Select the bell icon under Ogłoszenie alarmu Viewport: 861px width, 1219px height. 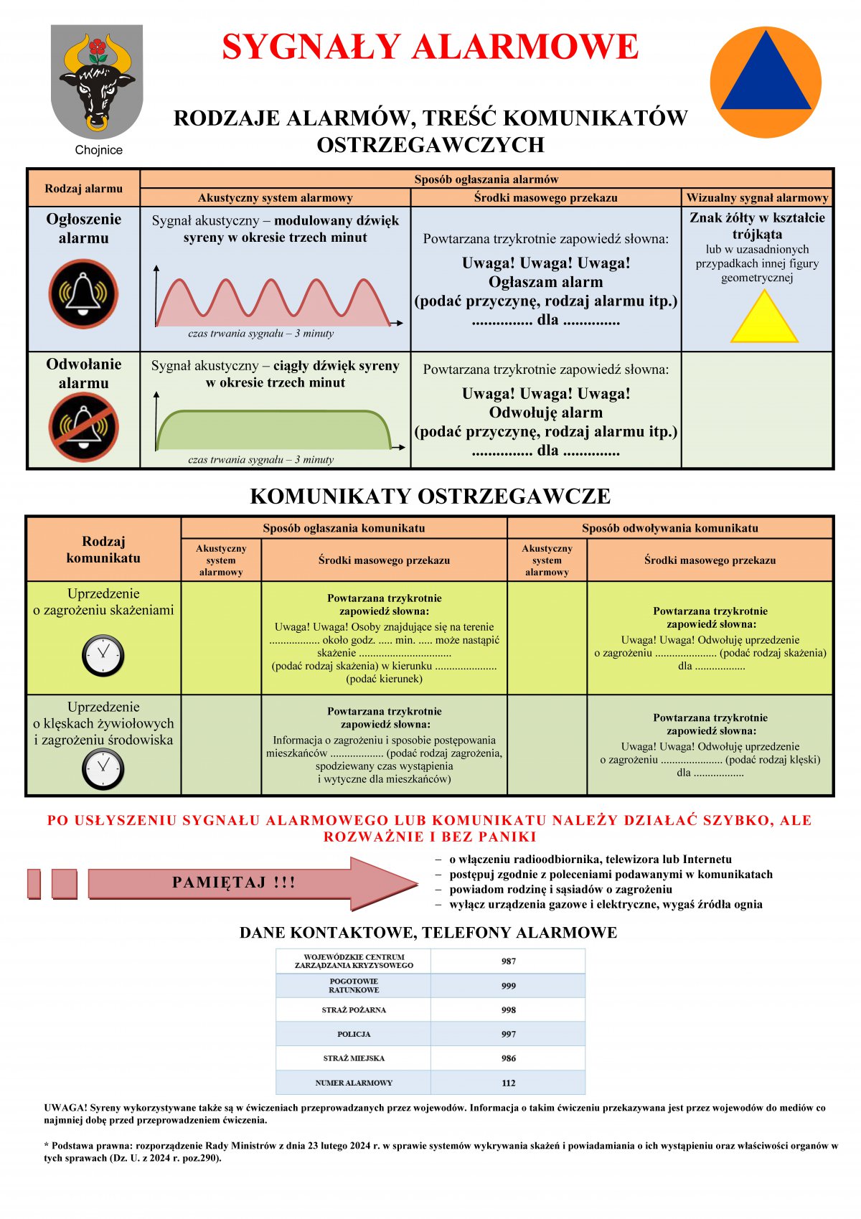83,293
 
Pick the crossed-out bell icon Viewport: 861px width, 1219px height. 83,427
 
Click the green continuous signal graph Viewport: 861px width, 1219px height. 273,430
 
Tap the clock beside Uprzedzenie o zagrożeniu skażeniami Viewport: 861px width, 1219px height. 103,655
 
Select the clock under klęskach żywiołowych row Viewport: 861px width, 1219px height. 103,769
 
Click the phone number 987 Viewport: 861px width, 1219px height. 509,961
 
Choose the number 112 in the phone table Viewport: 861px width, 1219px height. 509,1083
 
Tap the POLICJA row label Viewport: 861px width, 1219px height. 354,1034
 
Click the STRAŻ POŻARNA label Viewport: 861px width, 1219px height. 354,1009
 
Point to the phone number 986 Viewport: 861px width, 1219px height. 509,1058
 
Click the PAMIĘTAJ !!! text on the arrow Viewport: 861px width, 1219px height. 234,883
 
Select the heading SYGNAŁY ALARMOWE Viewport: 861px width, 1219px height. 430,47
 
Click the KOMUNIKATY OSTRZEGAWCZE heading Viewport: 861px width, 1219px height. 430,496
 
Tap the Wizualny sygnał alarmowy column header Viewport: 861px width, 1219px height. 757,197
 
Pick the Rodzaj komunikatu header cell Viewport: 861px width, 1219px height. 103,550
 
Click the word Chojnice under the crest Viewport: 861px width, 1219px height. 99,150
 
